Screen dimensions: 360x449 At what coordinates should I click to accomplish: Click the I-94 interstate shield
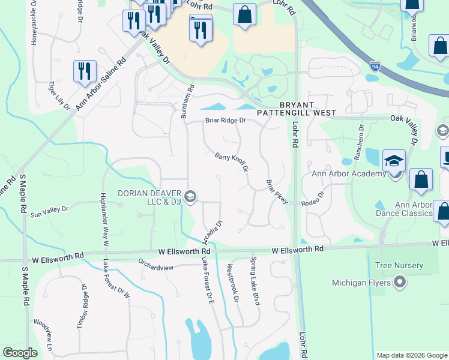[375, 63]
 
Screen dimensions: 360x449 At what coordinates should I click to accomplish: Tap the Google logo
[20, 353]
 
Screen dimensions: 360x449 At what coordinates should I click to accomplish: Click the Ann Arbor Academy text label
[348, 174]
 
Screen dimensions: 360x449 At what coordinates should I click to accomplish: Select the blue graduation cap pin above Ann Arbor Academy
[394, 161]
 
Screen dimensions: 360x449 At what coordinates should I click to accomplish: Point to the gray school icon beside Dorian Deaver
[190, 197]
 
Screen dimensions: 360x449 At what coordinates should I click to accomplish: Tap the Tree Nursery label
[399, 265]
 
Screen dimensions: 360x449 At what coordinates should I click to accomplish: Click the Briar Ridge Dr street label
[226, 120]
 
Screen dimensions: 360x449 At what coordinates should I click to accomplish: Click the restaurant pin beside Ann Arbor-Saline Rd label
[85, 71]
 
